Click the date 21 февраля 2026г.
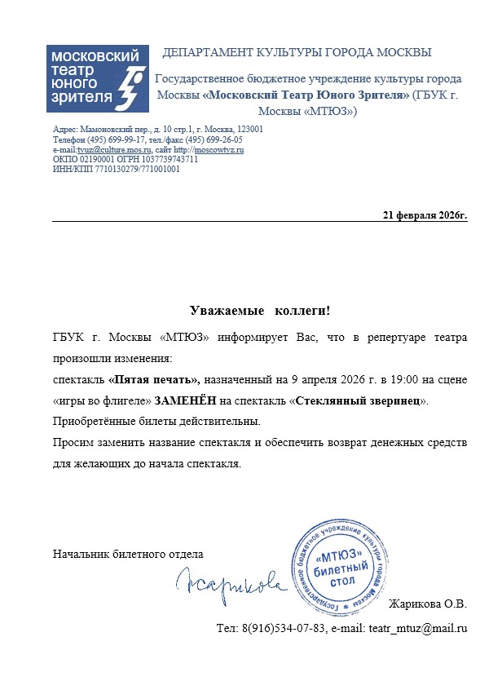click(425, 215)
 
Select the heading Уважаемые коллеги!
click(260, 311)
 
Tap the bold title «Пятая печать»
click(154, 380)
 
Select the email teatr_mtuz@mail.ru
click(418, 628)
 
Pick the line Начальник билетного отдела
click(128, 554)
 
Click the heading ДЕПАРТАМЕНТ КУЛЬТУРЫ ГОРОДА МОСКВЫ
click(297, 53)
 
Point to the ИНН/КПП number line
click(116, 170)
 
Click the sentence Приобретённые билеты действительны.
click(156, 422)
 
